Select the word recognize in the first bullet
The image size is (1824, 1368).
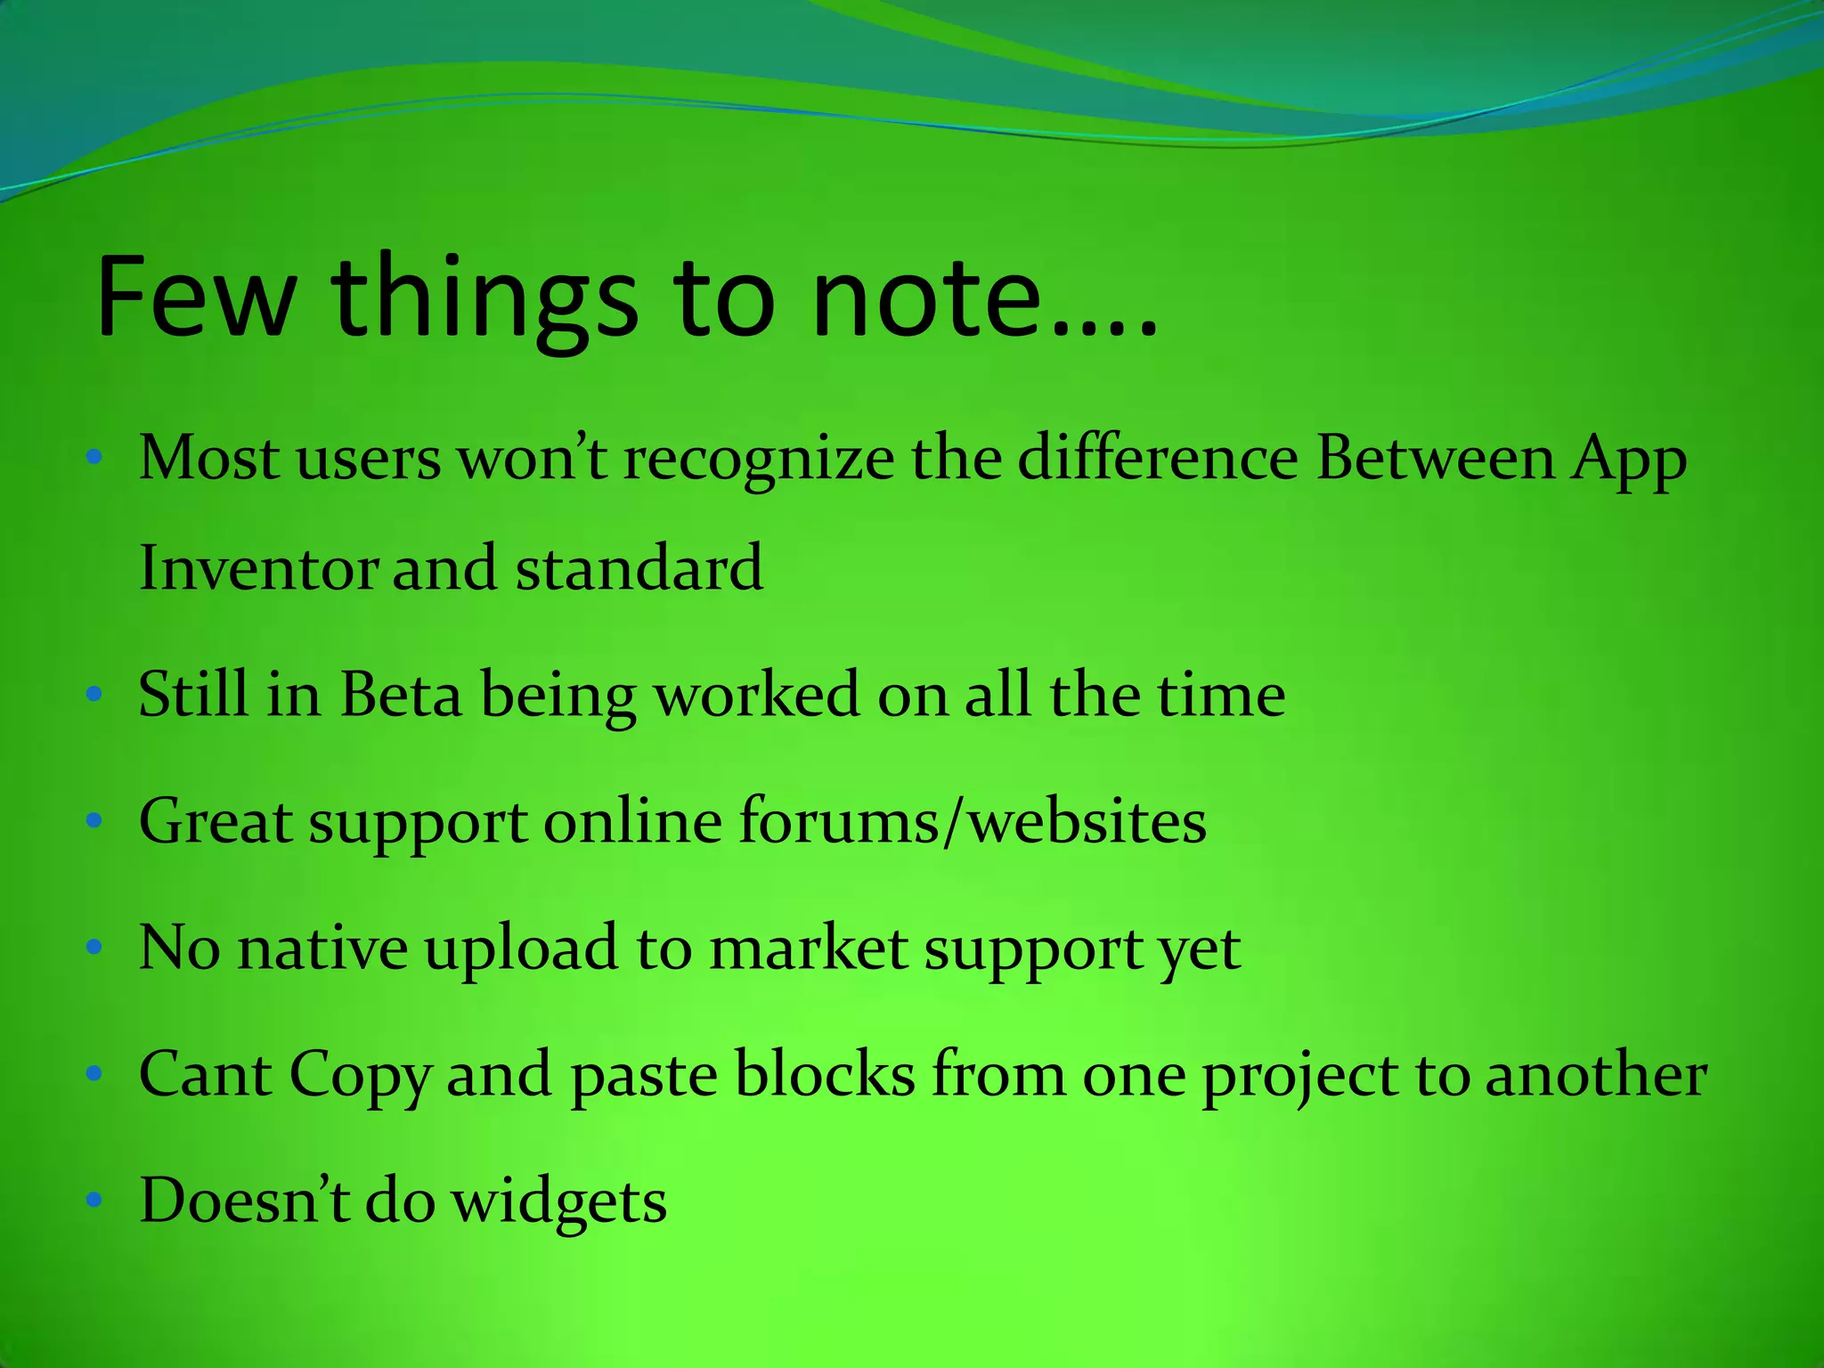pos(758,460)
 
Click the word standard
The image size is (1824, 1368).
pos(639,569)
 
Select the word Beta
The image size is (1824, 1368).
pos(401,695)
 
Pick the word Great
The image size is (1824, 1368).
pos(216,821)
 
